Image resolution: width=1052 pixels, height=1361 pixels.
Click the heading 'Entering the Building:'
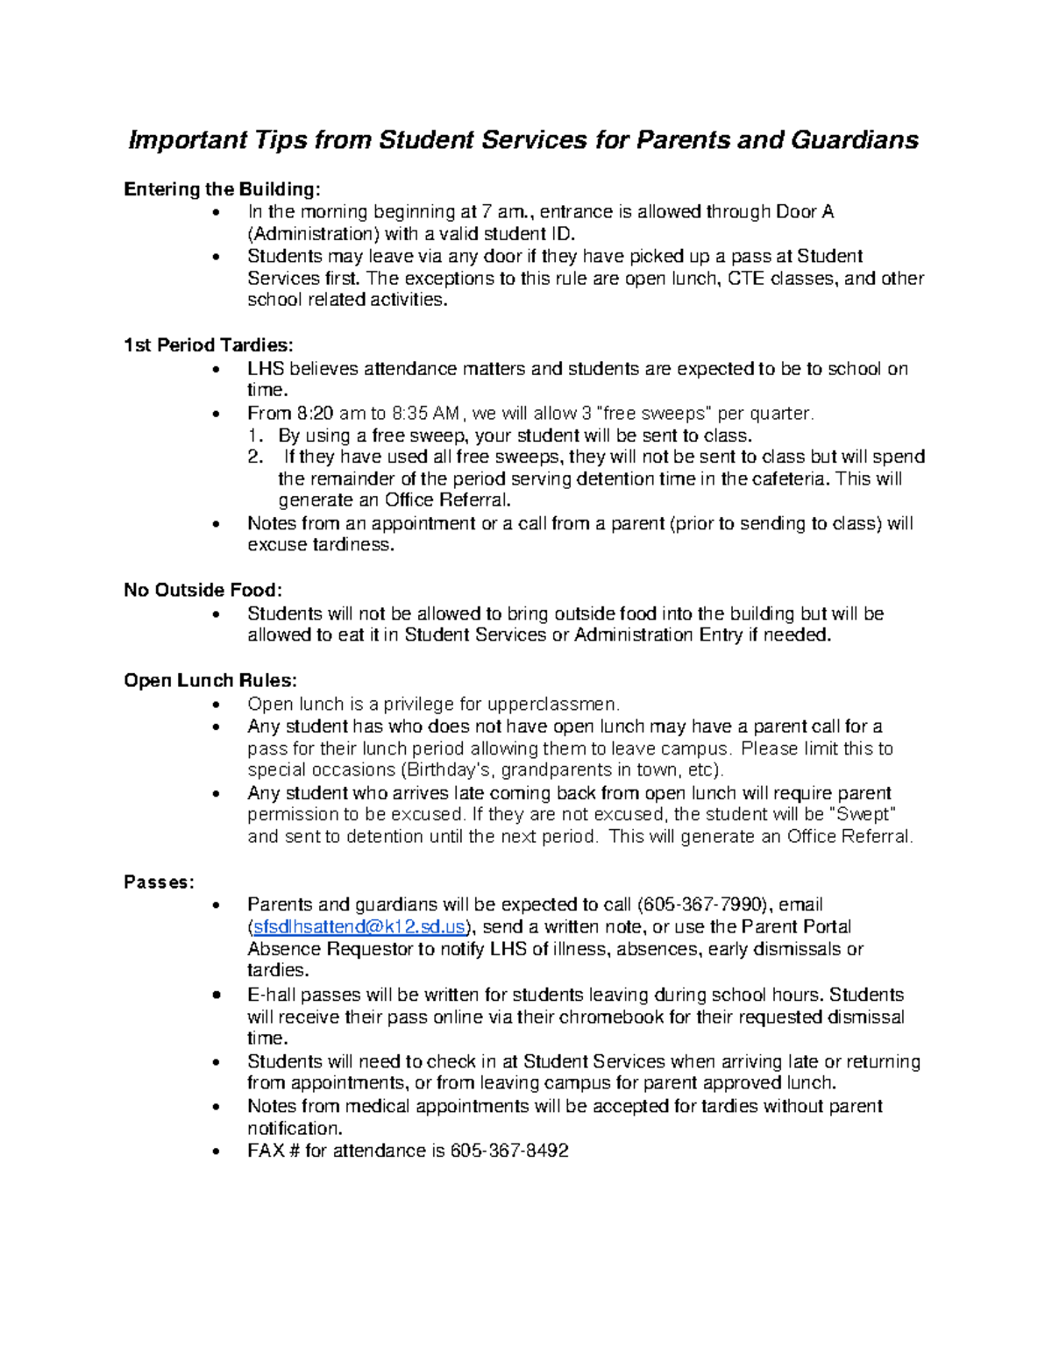[x=223, y=189]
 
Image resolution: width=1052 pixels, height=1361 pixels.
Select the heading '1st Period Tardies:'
[x=209, y=345]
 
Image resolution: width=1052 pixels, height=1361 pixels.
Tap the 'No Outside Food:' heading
[x=203, y=590]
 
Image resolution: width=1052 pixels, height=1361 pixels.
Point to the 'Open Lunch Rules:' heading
[x=210, y=681]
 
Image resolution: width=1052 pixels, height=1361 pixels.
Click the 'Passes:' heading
[x=159, y=882]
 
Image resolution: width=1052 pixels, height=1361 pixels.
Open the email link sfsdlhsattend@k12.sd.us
[x=359, y=927]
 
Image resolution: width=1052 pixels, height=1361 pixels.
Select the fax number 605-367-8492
[x=509, y=1151]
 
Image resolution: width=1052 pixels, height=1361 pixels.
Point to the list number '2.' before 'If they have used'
[x=256, y=457]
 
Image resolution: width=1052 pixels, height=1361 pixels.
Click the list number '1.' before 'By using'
[x=256, y=436]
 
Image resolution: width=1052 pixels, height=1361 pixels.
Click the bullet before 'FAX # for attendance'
[x=217, y=1152]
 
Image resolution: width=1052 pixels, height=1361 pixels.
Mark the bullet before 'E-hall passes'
[x=217, y=996]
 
